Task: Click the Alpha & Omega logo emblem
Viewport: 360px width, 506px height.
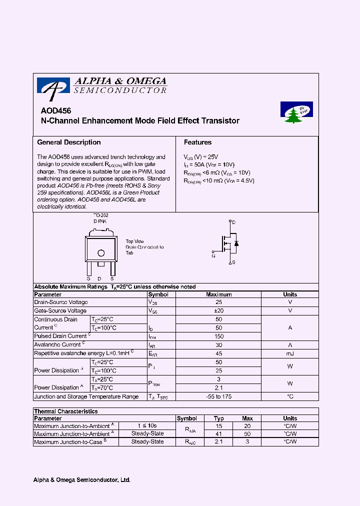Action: click(53, 86)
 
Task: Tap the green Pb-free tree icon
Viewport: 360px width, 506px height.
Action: click(296, 112)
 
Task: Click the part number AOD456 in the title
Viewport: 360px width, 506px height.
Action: click(55, 111)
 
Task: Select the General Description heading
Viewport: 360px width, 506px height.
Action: click(69, 142)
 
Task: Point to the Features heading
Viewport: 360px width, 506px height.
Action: click(197, 142)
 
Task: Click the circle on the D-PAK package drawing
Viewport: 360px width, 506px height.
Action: click(100, 253)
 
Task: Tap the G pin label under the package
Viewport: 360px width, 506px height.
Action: click(88, 278)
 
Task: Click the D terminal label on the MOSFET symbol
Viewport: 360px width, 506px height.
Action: click(233, 222)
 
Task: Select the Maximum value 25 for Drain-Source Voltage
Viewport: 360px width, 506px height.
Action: click(218, 302)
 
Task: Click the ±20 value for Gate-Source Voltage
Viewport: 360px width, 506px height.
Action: click(218, 311)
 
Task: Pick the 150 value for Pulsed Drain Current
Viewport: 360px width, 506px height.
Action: click(218, 336)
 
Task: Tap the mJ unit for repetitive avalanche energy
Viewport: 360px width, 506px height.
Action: click(289, 353)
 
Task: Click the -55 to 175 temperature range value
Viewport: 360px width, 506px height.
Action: click(218, 396)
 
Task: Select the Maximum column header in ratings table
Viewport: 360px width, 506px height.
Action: click(218, 294)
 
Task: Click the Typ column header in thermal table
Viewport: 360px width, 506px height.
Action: click(219, 418)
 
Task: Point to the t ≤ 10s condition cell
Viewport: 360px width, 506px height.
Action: click(147, 426)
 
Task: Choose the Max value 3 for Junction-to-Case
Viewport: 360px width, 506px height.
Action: click(247, 442)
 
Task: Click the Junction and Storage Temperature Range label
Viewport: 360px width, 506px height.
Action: click(86, 396)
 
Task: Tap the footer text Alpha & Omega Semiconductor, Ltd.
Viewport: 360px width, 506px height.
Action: click(81, 480)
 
